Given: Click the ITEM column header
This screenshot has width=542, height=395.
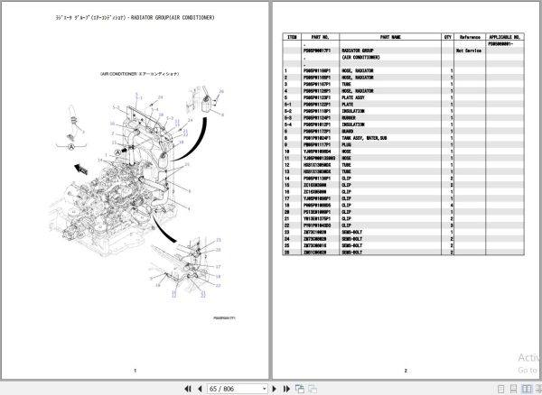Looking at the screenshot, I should point(292,37).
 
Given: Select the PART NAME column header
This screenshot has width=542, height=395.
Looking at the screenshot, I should point(390,37).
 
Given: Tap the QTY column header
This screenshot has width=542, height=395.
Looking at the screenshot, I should point(447,37).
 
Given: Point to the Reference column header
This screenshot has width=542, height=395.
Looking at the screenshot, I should point(470,37).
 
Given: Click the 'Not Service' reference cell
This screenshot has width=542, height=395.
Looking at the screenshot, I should point(468,51).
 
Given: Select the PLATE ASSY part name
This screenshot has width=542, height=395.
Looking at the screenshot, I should point(356,96).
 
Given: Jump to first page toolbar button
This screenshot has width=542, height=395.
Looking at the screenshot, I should point(188,388).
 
